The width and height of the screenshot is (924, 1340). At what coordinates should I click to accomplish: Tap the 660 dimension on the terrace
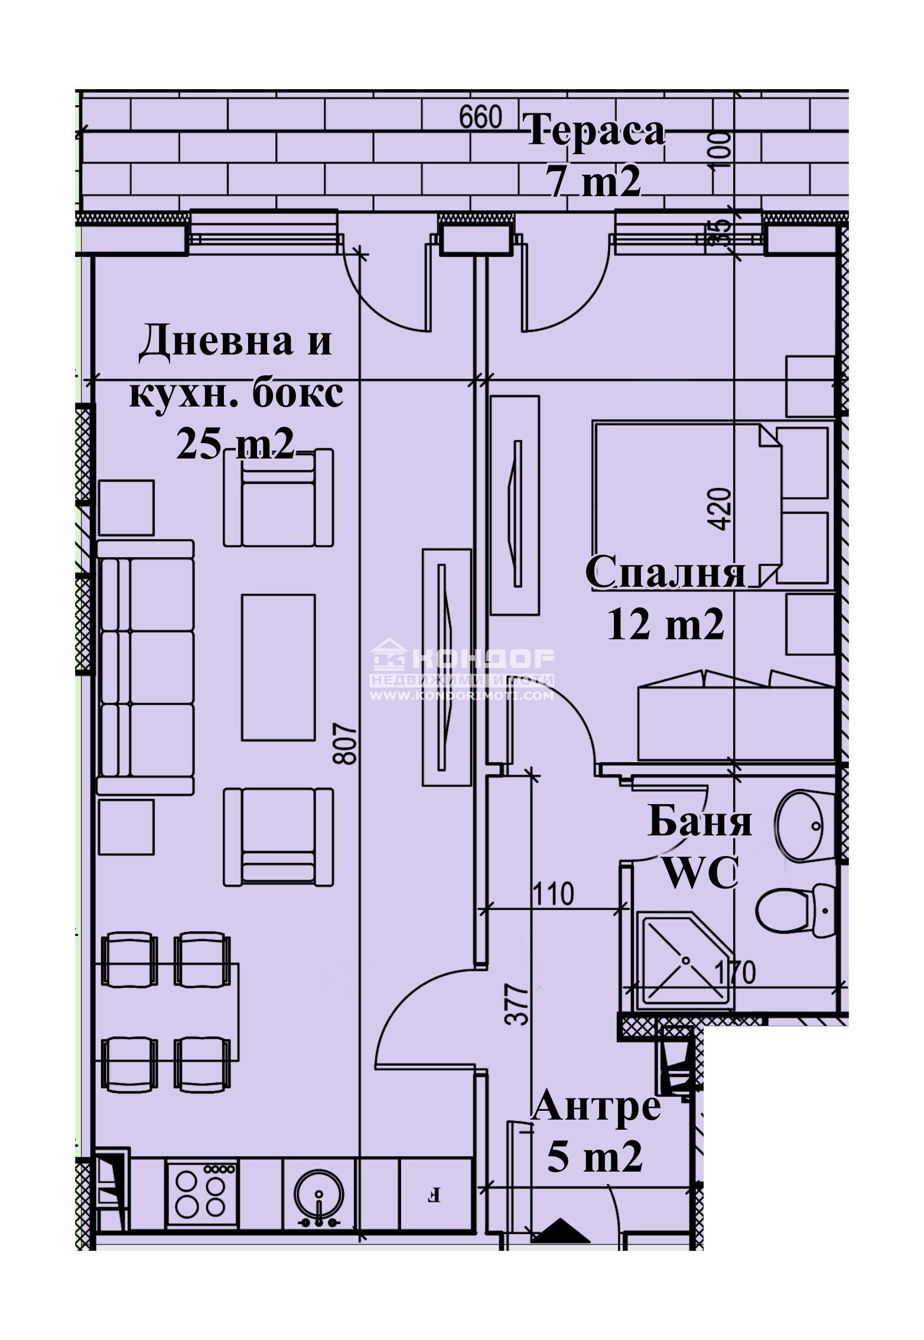pos(480,117)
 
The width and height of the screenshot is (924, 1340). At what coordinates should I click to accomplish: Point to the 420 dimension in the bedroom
pos(721,509)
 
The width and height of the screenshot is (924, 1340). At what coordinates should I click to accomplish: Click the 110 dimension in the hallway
pos(553,894)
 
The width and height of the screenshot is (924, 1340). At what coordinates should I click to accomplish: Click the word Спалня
pos(666,573)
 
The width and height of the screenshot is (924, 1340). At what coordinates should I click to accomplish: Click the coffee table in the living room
pos(278,667)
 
